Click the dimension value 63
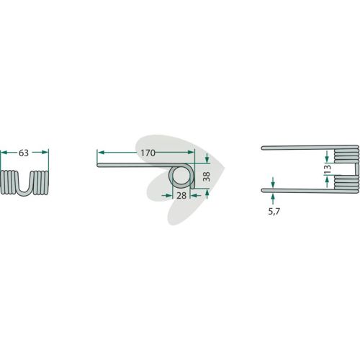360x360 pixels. coord(24,153)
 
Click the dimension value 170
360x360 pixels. coord(148,153)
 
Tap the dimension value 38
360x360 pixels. coord(206,176)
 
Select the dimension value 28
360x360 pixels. coord(181,196)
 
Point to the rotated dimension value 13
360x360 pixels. coord(328,169)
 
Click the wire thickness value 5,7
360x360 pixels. coord(274,212)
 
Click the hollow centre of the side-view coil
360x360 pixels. coord(180,176)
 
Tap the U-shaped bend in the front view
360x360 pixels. coord(24,189)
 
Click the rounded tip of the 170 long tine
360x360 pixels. coord(98,165)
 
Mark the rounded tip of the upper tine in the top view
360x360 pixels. coord(262,148)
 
